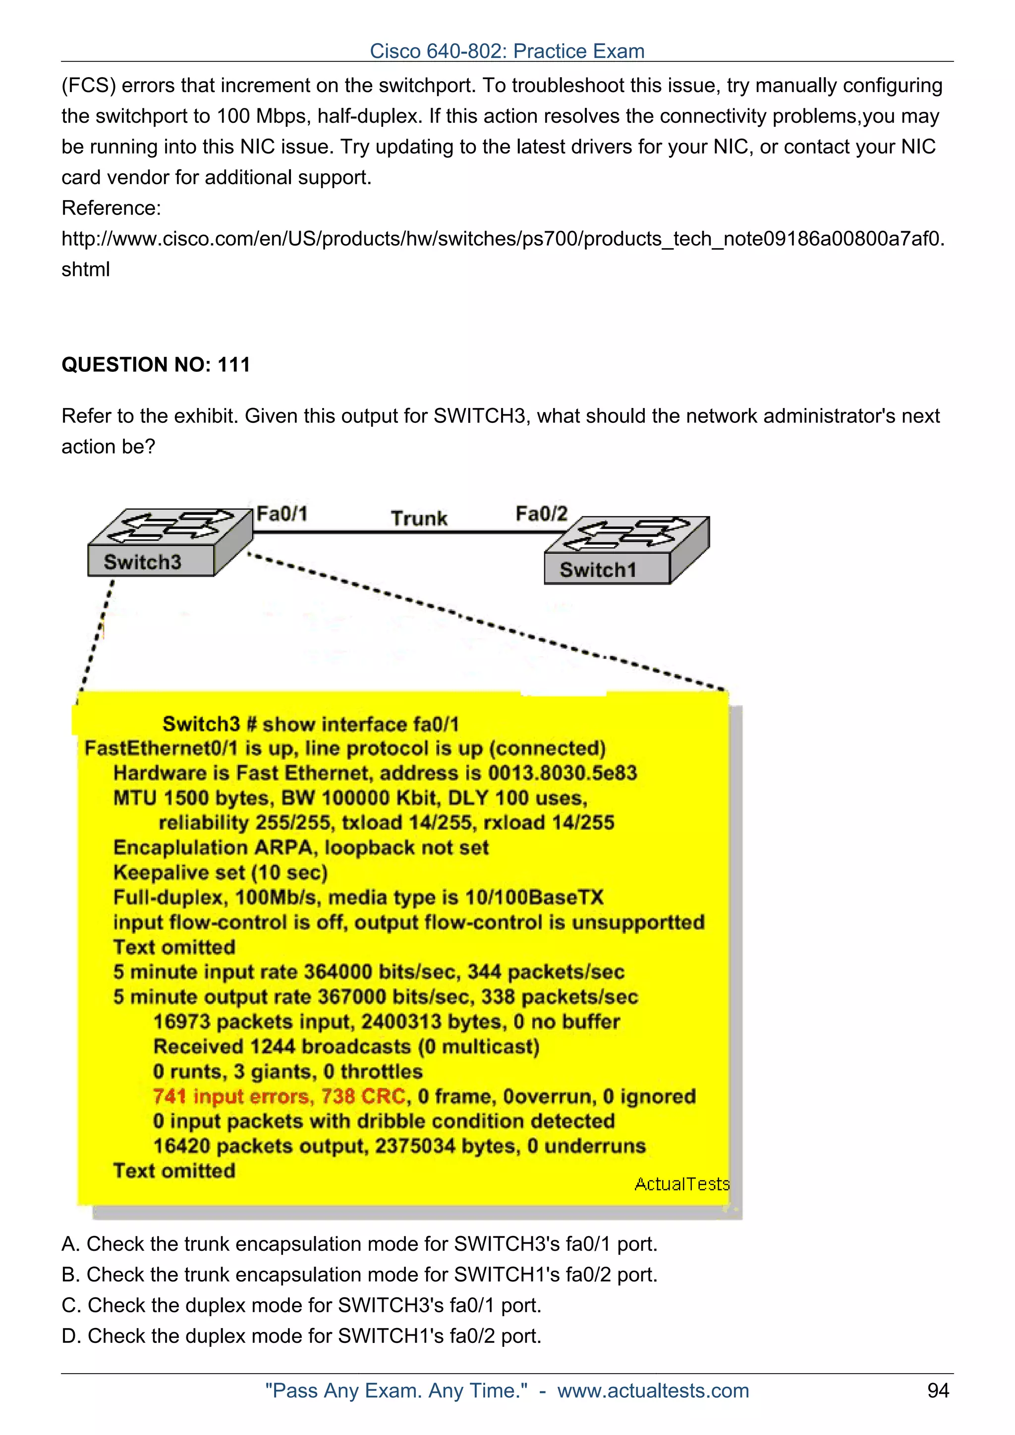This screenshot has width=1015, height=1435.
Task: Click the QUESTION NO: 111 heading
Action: (156, 364)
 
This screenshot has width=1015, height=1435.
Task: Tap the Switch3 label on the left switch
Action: (143, 562)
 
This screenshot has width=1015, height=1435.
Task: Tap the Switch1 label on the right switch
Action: (598, 570)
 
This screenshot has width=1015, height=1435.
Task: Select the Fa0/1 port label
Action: (282, 514)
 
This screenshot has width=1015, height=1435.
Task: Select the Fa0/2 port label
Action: (541, 514)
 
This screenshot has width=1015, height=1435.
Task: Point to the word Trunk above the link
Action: (419, 518)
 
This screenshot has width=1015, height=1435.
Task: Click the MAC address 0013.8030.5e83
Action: (562, 773)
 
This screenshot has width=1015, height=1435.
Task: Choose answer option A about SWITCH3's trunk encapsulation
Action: (360, 1244)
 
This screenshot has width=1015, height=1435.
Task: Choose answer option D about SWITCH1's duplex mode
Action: (301, 1335)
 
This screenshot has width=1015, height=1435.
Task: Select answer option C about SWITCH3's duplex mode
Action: (301, 1305)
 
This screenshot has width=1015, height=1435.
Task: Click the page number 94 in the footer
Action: (938, 1390)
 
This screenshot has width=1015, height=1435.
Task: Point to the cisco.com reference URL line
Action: (503, 239)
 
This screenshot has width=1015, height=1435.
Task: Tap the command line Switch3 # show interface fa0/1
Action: (311, 724)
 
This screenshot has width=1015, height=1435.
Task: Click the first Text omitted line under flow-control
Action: (174, 947)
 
